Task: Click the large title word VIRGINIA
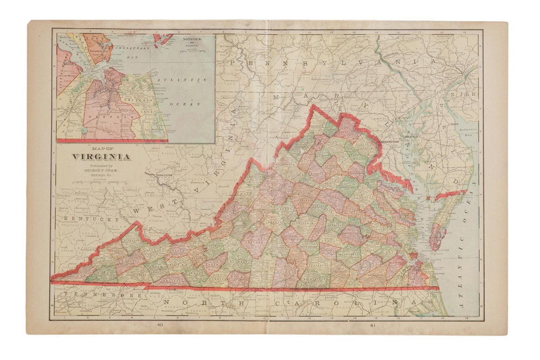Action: click(x=100, y=157)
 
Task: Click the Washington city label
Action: click(x=388, y=142)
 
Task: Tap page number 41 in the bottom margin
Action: click(x=373, y=325)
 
